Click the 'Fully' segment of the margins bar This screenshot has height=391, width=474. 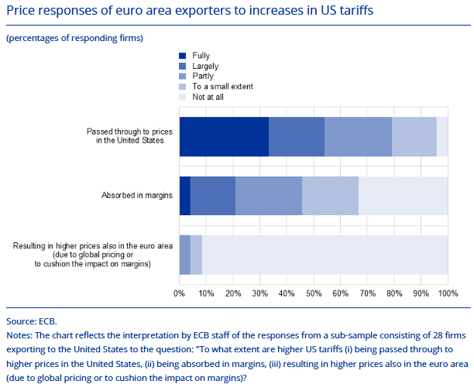184,196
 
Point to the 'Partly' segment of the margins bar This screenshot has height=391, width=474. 269,196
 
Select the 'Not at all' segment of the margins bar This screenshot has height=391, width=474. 403,196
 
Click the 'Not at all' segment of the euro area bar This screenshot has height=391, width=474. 325,255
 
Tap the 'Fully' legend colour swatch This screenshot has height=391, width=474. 183,56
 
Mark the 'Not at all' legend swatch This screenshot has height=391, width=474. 183,97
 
